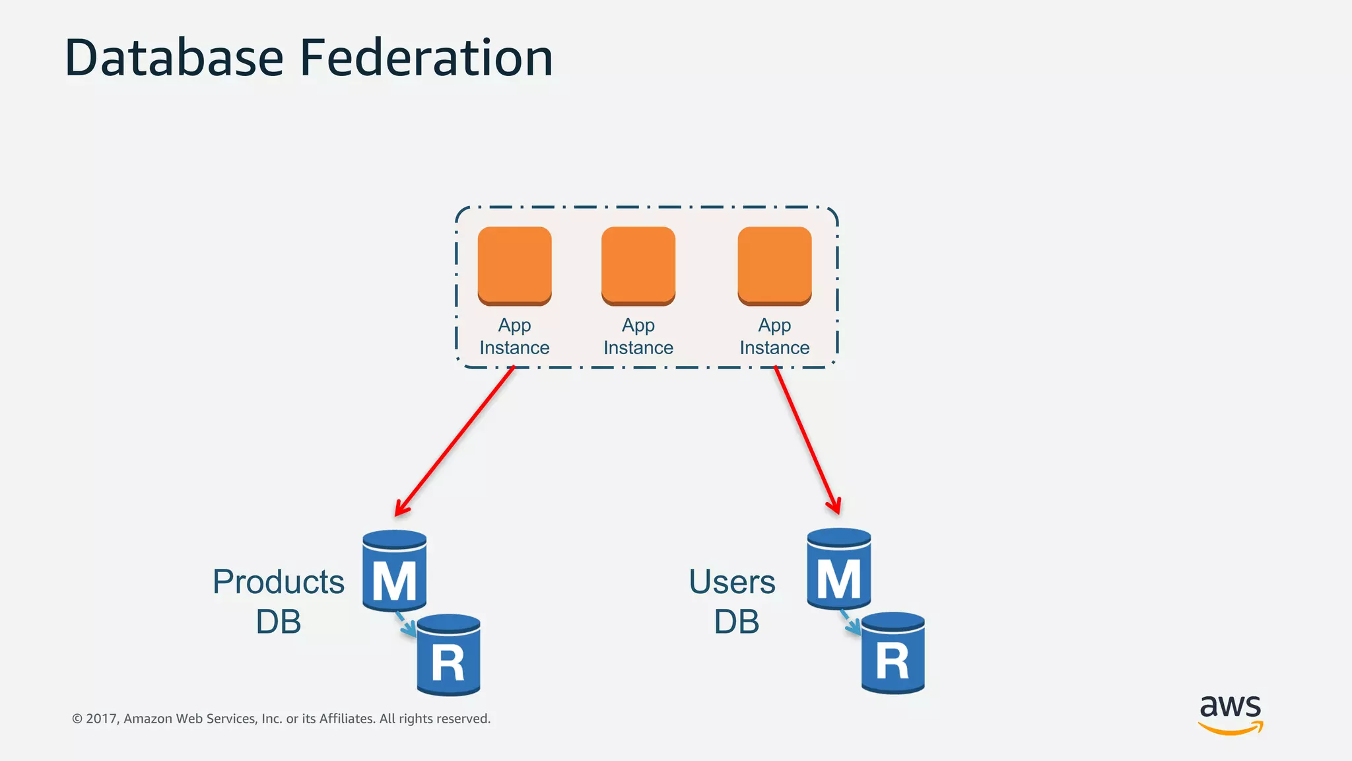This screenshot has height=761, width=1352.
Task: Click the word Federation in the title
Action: pos(426,58)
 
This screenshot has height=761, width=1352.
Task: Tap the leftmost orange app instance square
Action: pos(514,265)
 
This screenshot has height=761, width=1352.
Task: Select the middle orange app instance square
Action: pos(638,265)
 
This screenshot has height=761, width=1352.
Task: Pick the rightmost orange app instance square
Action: pos(774,265)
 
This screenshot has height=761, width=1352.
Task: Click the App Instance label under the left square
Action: pos(514,336)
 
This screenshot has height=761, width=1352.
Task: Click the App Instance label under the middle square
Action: pos(638,336)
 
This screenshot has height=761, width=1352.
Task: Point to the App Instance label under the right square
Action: pos(774,336)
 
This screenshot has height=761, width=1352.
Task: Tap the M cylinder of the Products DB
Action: pos(394,571)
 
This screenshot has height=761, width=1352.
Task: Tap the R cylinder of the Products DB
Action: pos(448,655)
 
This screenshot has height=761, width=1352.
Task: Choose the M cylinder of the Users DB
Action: pos(838,569)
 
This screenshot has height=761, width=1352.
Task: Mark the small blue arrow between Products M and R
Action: pos(405,625)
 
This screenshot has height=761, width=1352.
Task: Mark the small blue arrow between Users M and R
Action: pos(850,623)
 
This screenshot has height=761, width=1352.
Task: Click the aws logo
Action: pos(1230,714)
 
